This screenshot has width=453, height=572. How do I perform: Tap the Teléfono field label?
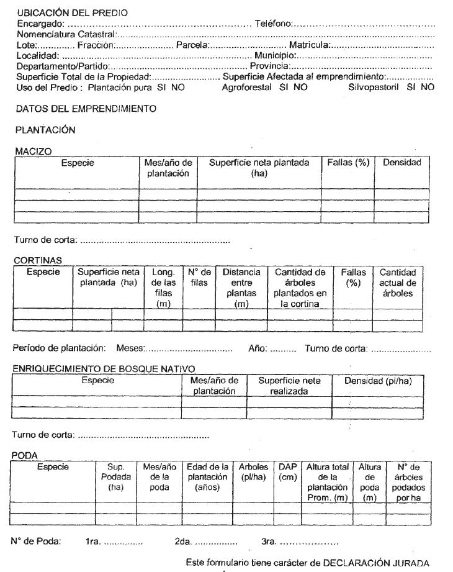click(273, 24)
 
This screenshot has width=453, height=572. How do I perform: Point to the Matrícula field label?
click(308, 45)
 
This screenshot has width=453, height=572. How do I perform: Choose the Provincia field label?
click(270, 66)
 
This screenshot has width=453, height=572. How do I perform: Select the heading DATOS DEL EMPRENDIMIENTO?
click(86, 109)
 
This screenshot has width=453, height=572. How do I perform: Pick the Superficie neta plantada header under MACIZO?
click(259, 168)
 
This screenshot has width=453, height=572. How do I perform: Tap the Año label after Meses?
click(257, 349)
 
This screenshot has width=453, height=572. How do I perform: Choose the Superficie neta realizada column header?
click(289, 386)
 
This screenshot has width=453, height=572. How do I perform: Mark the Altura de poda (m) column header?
click(369, 476)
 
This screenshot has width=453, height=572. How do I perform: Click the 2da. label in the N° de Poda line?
click(184, 542)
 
